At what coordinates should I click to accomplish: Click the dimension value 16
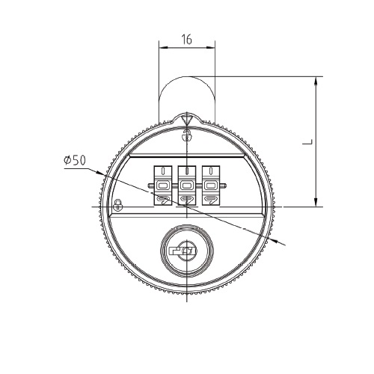tap(187, 40)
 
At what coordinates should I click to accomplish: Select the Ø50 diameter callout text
tap(75, 160)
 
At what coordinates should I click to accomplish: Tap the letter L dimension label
tap(307, 142)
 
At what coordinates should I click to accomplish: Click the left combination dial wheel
tap(163, 186)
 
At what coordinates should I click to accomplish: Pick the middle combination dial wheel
tap(187, 186)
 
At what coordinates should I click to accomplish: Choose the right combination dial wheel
tap(211, 186)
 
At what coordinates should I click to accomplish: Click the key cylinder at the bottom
tap(187, 250)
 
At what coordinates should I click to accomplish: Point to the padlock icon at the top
tap(187, 135)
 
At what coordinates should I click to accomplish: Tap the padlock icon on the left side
tap(118, 205)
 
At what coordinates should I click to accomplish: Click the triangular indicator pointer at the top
tap(187, 119)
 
